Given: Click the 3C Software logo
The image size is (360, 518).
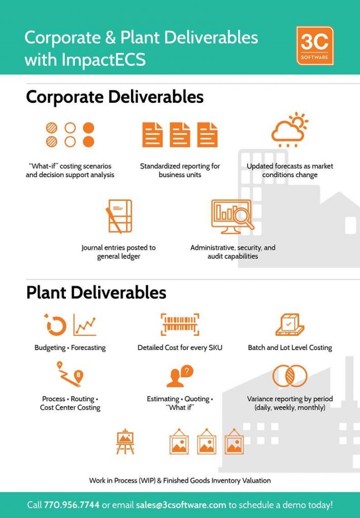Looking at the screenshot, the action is [315, 46].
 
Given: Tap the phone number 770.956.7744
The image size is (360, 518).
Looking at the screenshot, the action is [71, 505].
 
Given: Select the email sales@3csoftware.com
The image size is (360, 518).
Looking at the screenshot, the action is [181, 505].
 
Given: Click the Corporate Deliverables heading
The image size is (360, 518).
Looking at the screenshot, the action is [115, 97].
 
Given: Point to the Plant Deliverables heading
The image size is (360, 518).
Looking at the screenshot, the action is [96, 293].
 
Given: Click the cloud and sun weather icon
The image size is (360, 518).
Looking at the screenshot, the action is [290, 130].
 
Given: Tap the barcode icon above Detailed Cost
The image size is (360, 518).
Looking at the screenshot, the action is [180, 324].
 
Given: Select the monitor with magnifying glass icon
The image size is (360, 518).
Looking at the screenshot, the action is [232, 216].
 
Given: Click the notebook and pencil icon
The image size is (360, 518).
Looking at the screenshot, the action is [118, 216].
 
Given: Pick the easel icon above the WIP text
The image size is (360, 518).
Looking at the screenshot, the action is [125, 441].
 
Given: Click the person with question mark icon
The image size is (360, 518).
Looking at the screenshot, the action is [180, 376].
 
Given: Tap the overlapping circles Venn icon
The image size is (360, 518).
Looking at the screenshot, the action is [290, 376].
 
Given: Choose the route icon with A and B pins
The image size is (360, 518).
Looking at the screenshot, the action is [70, 374].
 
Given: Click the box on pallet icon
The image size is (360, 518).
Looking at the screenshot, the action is [290, 324].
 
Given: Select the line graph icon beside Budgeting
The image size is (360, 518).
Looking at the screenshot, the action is [85, 325].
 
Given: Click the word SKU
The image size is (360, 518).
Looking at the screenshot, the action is [216, 348].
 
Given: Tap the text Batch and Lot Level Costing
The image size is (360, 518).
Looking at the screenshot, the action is [290, 348].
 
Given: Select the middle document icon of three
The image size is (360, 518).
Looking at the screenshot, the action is [180, 135].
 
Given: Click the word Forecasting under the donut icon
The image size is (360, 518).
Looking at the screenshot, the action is [88, 348].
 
